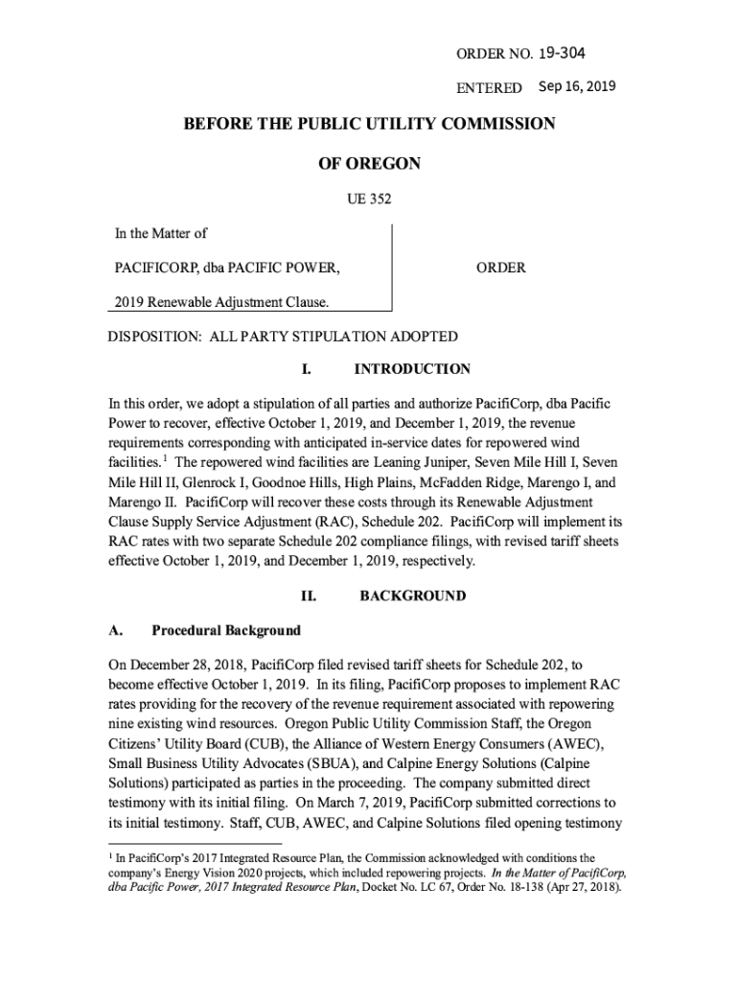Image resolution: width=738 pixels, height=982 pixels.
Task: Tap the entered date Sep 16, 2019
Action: click(577, 87)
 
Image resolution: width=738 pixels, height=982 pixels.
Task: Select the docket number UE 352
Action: click(369, 199)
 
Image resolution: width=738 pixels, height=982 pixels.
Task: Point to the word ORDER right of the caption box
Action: click(500, 268)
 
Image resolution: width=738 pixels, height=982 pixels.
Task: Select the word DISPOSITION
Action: click(153, 337)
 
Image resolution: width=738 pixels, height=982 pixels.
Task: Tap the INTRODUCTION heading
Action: click(412, 369)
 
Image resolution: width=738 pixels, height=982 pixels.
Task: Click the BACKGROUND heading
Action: click(412, 596)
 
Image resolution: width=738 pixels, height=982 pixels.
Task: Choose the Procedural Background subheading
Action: click(225, 630)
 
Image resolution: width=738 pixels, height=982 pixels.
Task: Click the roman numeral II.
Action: click(309, 596)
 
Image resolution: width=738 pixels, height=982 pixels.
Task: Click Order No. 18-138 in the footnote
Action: click(473, 887)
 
